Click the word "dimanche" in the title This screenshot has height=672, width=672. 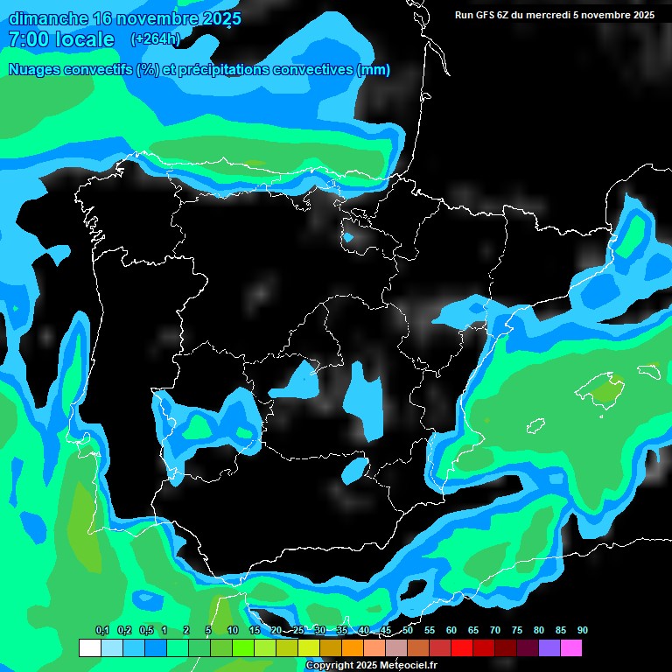pos(47,18)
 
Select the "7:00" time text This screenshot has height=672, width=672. pos(26,39)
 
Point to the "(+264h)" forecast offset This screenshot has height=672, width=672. pos(155,39)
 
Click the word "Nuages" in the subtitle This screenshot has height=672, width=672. pos(35,70)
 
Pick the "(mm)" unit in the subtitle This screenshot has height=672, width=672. pos(374,70)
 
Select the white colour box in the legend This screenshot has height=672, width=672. pos(89,648)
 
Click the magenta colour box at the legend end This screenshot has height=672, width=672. pos(571,648)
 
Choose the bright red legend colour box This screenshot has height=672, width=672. pos(462,648)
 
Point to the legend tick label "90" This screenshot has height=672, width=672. pos(582,631)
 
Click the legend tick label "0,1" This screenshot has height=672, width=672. pos(101,631)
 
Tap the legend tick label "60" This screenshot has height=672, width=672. pos(451,631)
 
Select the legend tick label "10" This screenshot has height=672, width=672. pos(232,631)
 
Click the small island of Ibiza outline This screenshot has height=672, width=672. pos(536,426)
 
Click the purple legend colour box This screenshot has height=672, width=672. pos(549,648)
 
